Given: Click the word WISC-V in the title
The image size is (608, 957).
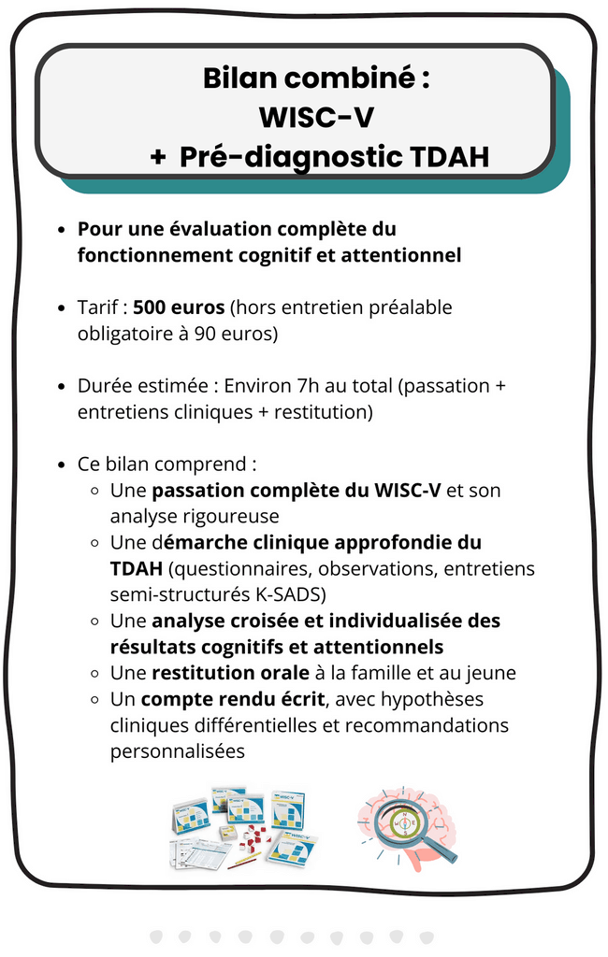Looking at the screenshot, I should pyautogui.click(x=316, y=117).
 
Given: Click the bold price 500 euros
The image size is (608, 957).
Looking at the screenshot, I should pyautogui.click(x=180, y=307).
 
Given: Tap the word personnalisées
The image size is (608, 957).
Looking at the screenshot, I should pyautogui.click(x=178, y=750).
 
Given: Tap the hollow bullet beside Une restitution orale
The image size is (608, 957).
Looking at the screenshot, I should pyautogui.click(x=94, y=673).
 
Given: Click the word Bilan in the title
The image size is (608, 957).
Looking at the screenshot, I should pyautogui.click(x=241, y=79).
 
